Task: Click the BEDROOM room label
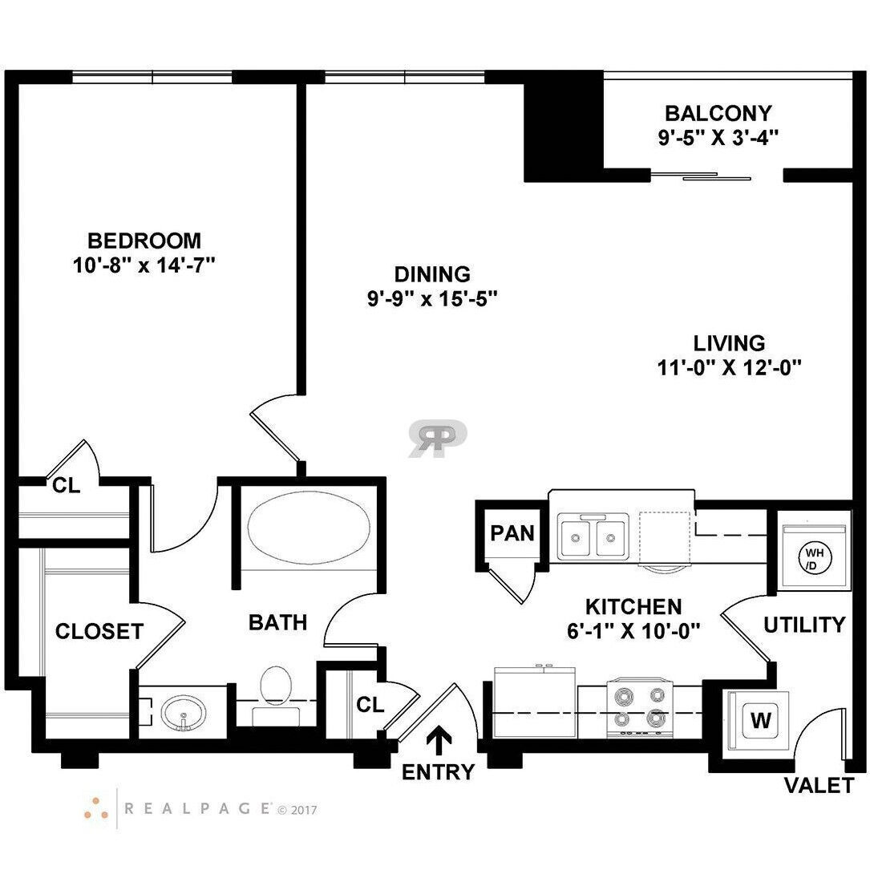(144, 241)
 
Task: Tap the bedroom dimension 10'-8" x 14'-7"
(144, 265)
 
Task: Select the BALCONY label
(718, 113)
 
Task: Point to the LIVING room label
(729, 343)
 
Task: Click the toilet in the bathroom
(277, 694)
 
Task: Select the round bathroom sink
(184, 713)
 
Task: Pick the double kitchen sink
(593, 536)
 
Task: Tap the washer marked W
(761, 719)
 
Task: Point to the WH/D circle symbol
(813, 559)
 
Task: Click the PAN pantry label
(512, 533)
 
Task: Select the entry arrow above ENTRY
(439, 741)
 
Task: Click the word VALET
(819, 786)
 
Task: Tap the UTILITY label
(804, 625)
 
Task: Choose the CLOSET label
(99, 631)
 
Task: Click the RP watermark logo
(438, 439)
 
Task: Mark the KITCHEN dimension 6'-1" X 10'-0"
(633, 631)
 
